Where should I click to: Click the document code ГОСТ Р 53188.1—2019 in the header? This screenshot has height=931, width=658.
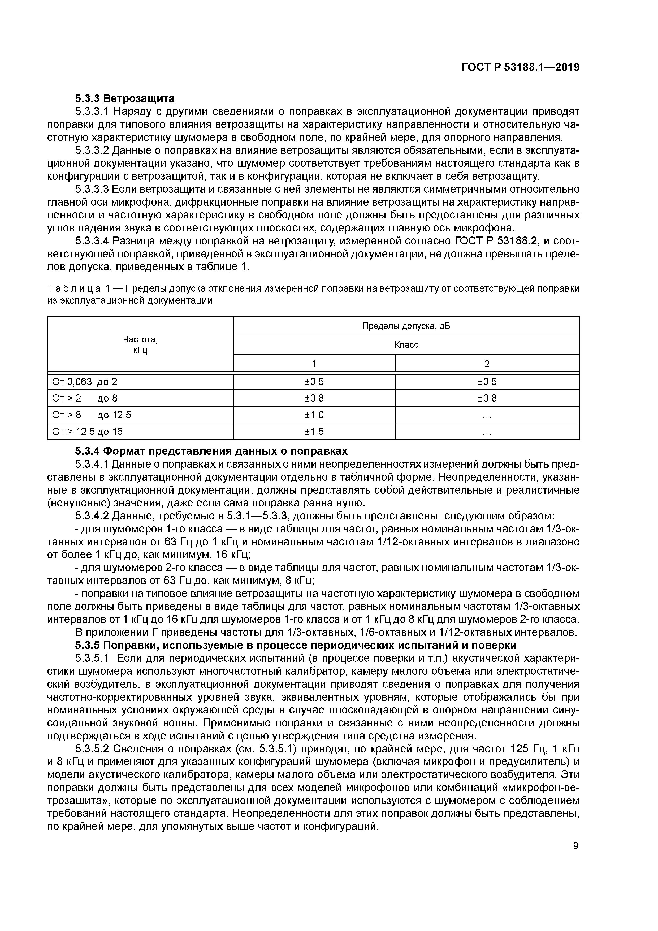(521, 67)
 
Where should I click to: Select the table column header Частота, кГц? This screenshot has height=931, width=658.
(140, 345)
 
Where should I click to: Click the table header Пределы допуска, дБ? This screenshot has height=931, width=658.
(406, 326)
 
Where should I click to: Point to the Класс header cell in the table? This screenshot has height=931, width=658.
(406, 345)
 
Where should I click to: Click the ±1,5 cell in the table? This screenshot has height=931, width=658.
(314, 432)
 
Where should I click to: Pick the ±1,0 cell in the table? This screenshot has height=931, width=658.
(314, 415)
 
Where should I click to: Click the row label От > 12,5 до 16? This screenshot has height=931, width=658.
(87, 432)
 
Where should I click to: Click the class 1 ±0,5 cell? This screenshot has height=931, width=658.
(314, 382)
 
